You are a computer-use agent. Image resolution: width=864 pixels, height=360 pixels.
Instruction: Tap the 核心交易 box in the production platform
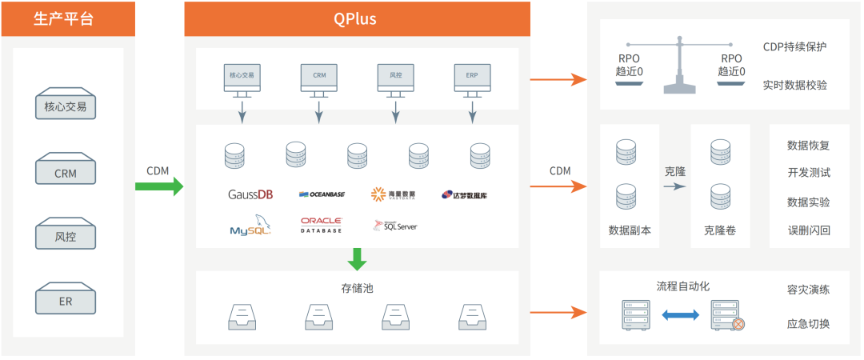tap(65, 106)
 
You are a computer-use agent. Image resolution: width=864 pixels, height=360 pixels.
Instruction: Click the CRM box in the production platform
tap(65, 172)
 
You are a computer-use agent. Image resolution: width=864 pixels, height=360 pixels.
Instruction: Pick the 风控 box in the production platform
tap(65, 237)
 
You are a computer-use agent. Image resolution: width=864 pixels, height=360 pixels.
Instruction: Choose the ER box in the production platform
tap(65, 302)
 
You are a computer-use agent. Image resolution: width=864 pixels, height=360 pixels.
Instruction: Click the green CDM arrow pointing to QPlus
tap(158, 186)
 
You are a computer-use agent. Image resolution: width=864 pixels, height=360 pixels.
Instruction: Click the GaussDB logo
tap(250, 194)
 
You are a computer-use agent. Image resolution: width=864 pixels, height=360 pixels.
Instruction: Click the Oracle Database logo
tap(322, 225)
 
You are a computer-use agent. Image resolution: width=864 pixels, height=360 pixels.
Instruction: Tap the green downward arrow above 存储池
tap(357, 258)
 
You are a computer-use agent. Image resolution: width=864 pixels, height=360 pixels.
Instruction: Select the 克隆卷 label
tap(720, 230)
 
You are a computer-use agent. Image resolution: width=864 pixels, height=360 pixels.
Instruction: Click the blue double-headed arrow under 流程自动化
tap(681, 316)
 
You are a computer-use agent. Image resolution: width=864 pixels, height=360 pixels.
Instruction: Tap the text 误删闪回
tap(809, 230)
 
